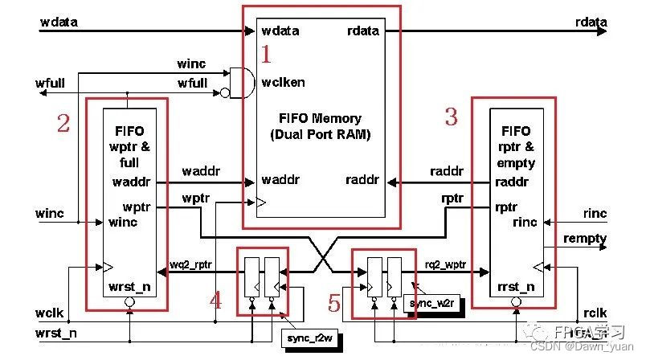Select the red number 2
63,123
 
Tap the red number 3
452,117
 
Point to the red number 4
215,301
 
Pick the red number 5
336,303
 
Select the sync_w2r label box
433,304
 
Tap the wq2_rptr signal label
191,264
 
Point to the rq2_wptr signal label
444,264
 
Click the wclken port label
283,82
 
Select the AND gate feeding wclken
234,84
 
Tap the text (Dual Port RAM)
320,134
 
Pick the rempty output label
585,239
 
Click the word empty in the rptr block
516,163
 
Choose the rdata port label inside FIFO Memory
363,31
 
